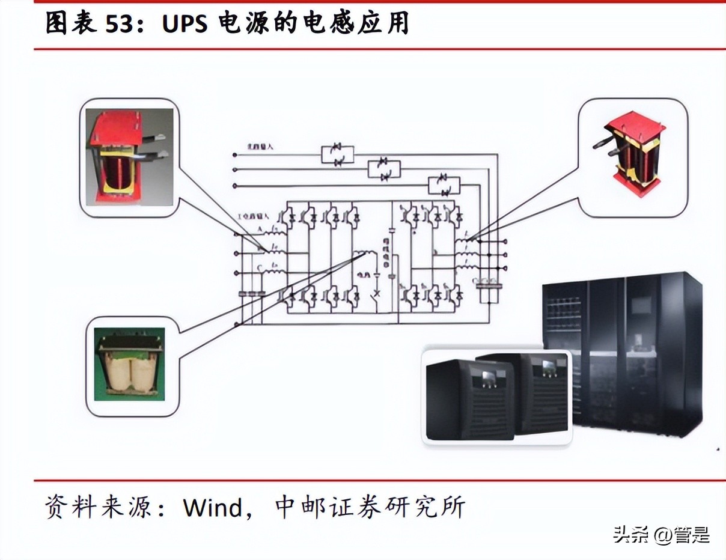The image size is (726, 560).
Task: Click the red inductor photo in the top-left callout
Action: coord(129,157)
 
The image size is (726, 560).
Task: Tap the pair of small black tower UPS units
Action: coord(496,396)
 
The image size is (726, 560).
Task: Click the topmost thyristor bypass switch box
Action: coord(337,155)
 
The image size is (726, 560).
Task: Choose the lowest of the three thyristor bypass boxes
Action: coord(444,186)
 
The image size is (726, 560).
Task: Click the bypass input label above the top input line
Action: coord(261,146)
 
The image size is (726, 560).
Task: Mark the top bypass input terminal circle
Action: coord(235,155)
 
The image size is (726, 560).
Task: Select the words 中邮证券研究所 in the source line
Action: coord(370,508)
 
